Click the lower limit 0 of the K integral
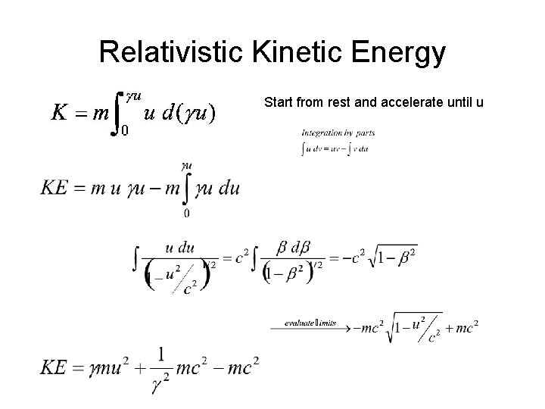[x=125, y=130]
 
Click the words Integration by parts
[x=338, y=133]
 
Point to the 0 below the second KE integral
[x=186, y=214]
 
